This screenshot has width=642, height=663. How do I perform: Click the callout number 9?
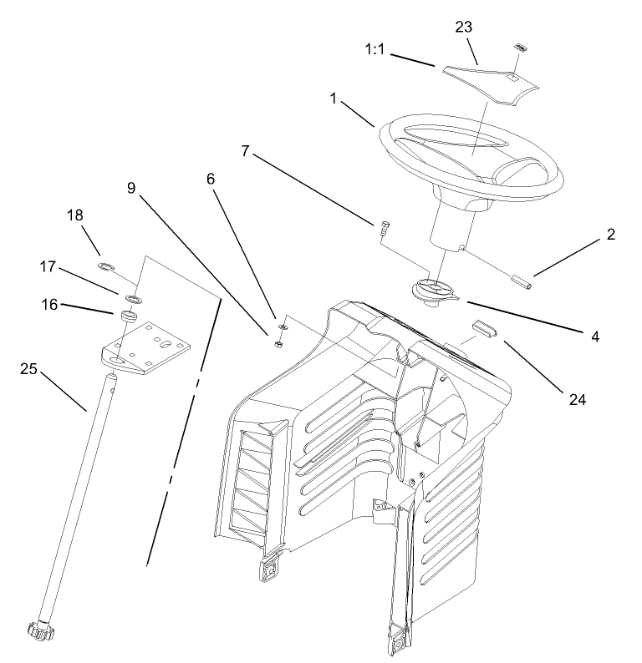coord(132,189)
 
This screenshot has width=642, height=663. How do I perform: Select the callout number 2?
coord(611,235)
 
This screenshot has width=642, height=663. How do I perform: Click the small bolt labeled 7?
coord(384,224)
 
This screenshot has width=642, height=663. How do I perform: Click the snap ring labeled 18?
coord(105,268)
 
